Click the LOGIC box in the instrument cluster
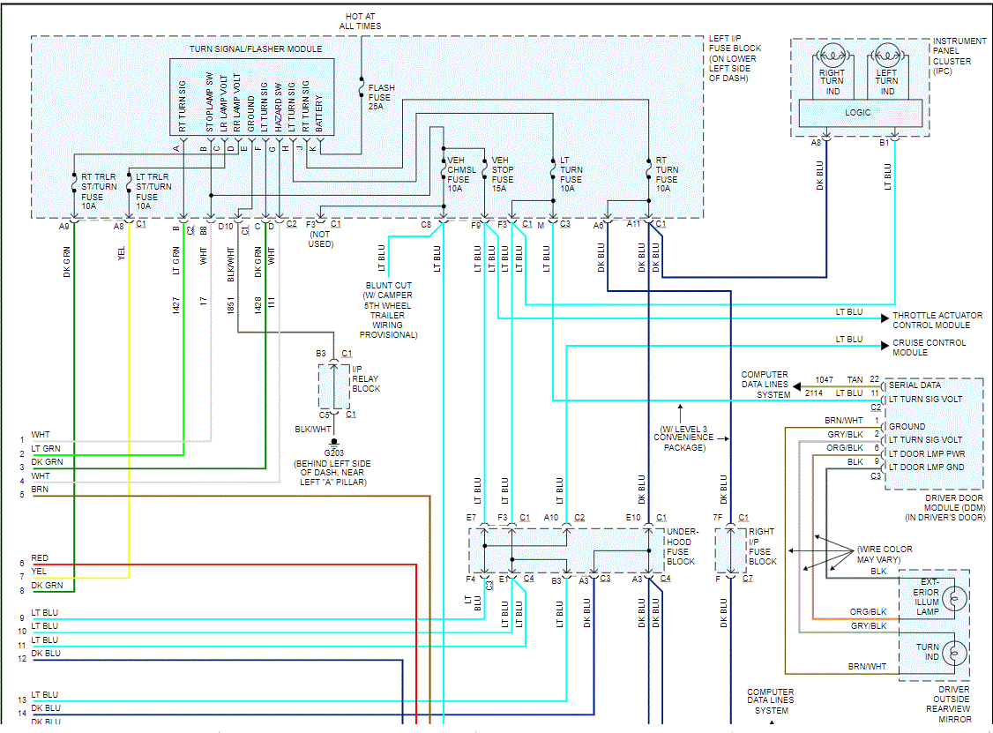[857, 113]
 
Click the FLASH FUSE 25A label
[381, 96]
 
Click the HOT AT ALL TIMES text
[360, 20]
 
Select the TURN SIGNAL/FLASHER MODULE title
[256, 49]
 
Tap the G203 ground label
[332, 453]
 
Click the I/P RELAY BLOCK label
[366, 379]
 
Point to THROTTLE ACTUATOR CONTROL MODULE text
[937, 320]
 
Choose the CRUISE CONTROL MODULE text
[929, 348]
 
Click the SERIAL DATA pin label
[915, 385]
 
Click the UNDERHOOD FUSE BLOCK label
[681, 547]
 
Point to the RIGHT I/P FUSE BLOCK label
[762, 547]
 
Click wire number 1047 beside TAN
[824, 378]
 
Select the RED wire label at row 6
[40, 558]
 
